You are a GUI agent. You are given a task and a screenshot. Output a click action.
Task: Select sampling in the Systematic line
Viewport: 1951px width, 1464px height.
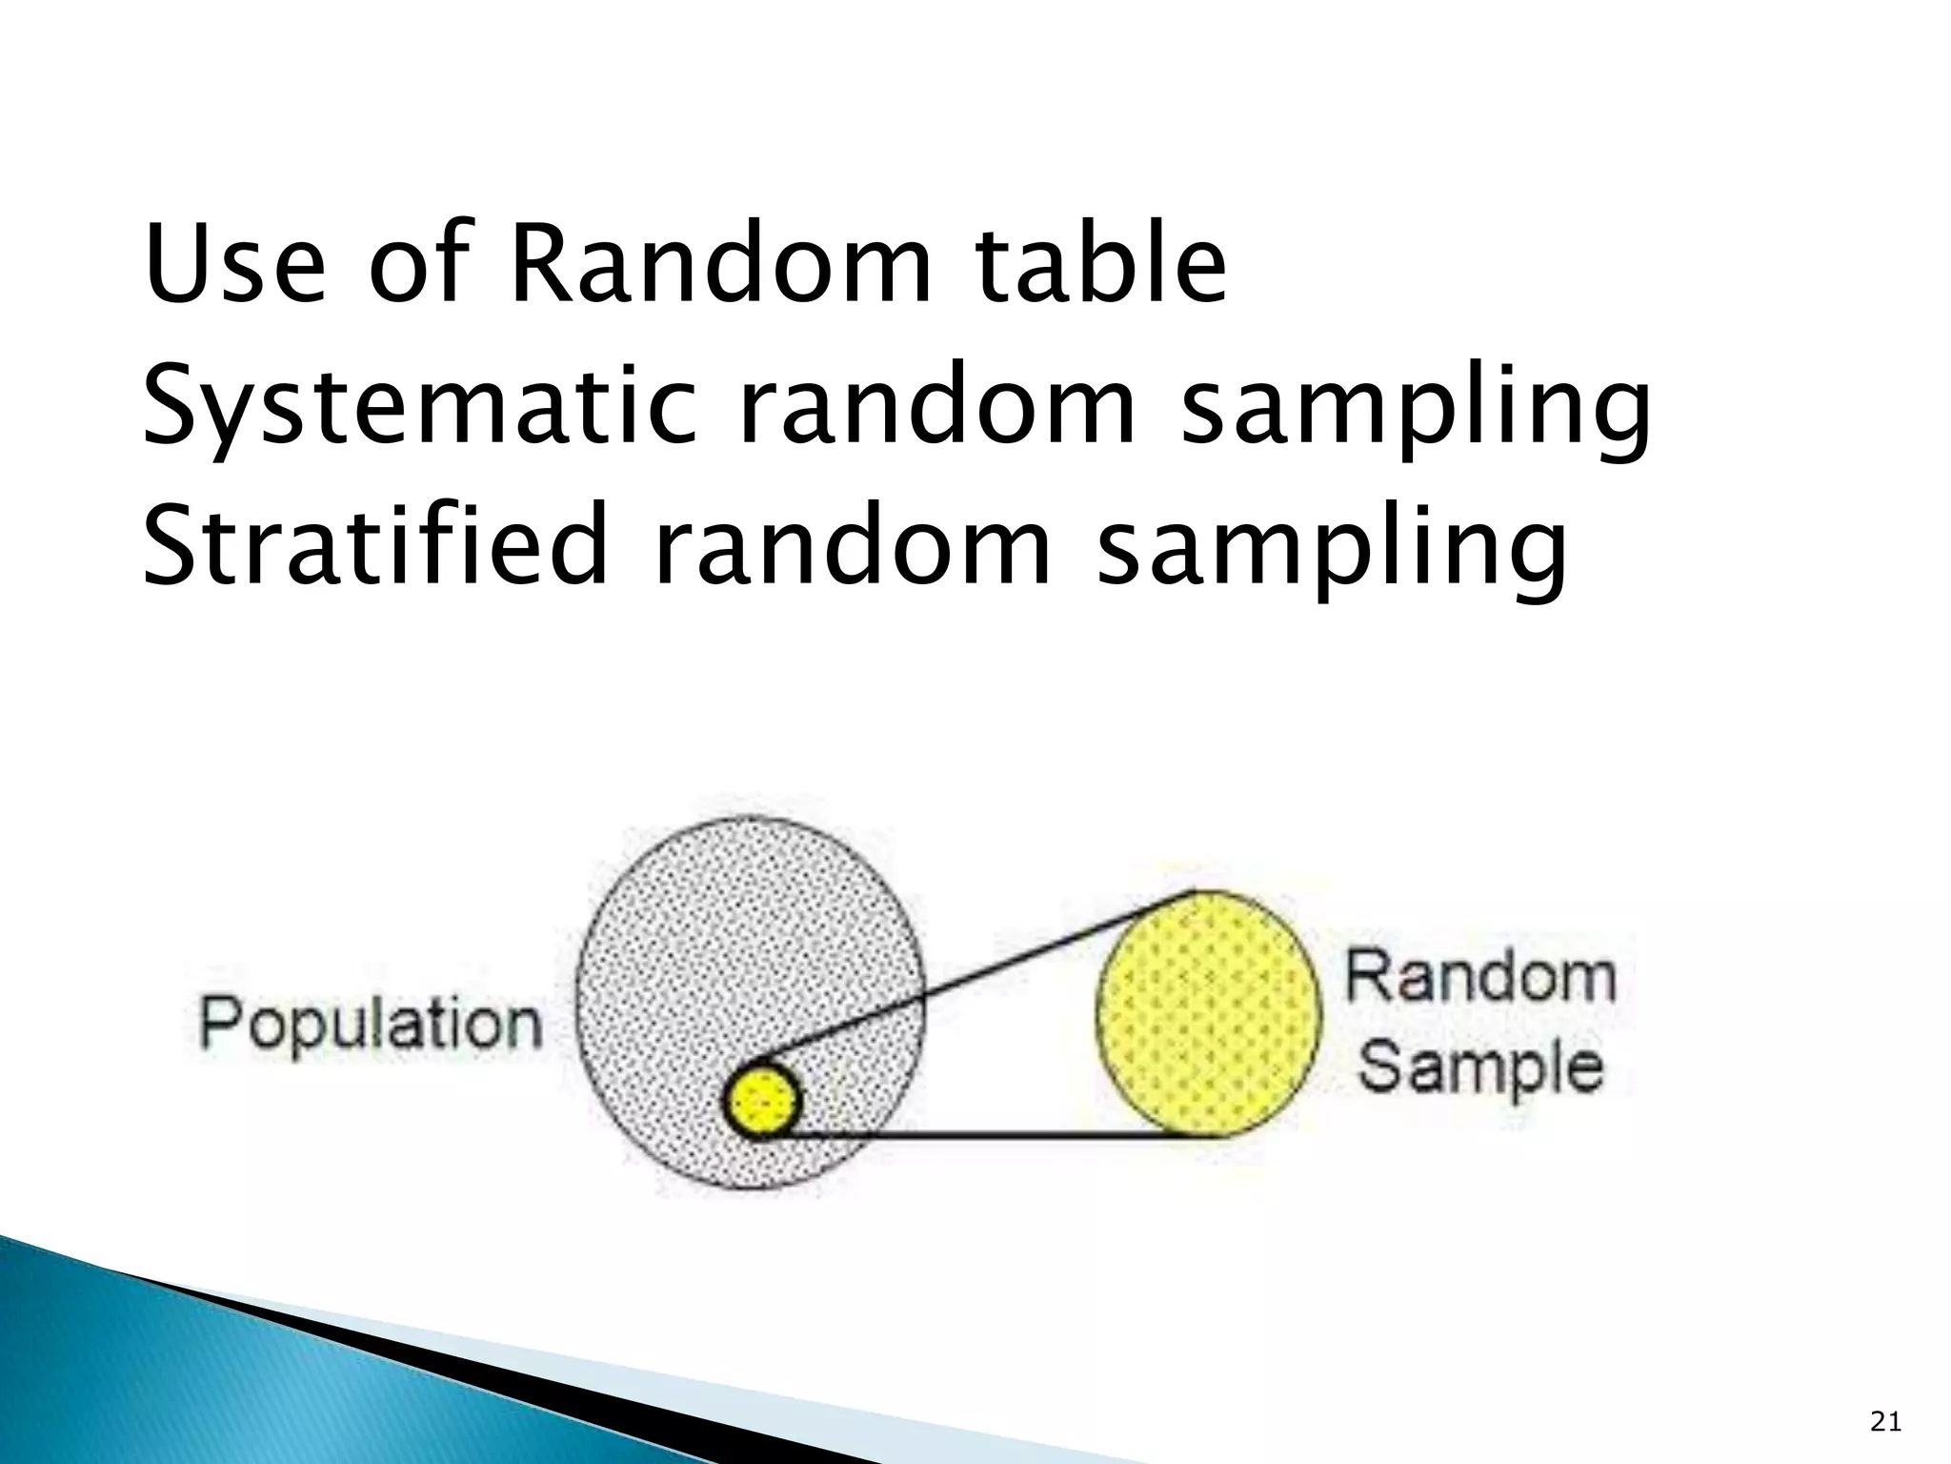click(1416, 410)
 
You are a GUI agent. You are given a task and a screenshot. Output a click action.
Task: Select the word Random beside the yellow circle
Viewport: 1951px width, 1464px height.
click(1480, 977)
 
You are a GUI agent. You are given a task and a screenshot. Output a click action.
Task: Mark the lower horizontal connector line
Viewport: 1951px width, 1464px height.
click(1000, 1135)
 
